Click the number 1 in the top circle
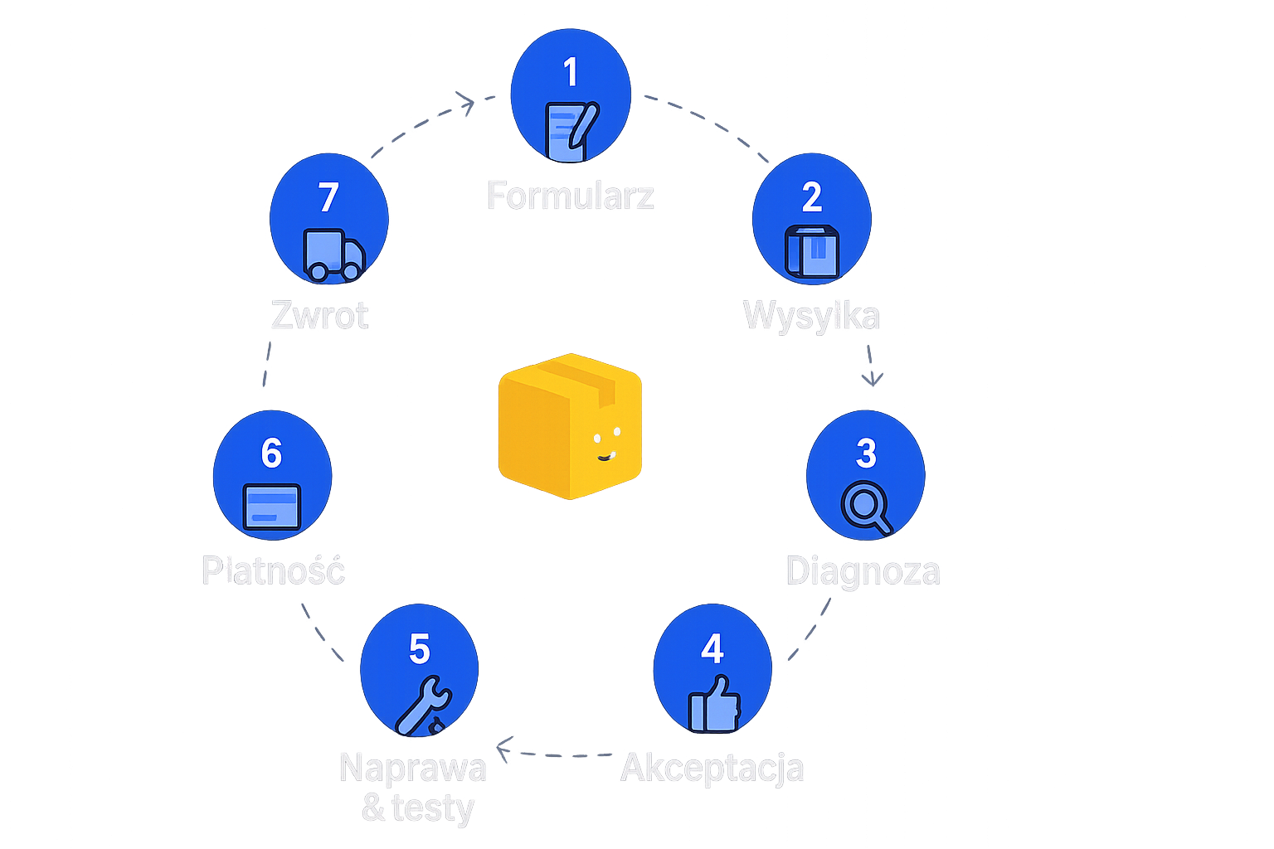[x=570, y=73]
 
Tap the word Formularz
[x=571, y=196]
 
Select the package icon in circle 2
[x=812, y=251]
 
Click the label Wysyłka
[x=810, y=316]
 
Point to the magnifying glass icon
[x=865, y=507]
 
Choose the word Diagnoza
[x=863, y=571]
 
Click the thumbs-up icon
[x=713, y=704]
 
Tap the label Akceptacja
[x=712, y=768]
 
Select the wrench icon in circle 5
[x=421, y=706]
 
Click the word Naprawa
[x=412, y=768]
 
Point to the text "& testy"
[x=417, y=808]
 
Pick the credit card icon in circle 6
[x=271, y=506]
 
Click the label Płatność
[x=273, y=570]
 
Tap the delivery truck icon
[x=333, y=254]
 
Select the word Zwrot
[x=320, y=316]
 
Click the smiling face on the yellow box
[x=607, y=444]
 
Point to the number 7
[x=328, y=197]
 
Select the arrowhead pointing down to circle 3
[x=871, y=381]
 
